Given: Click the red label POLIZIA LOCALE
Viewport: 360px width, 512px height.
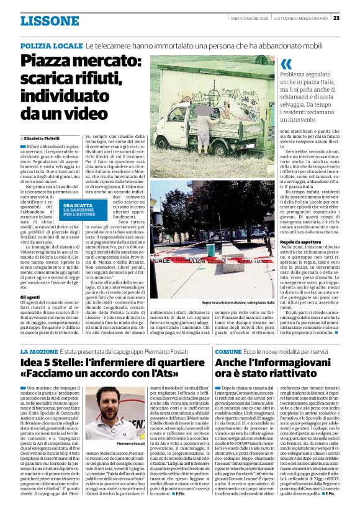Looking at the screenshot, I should coord(51,47).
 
